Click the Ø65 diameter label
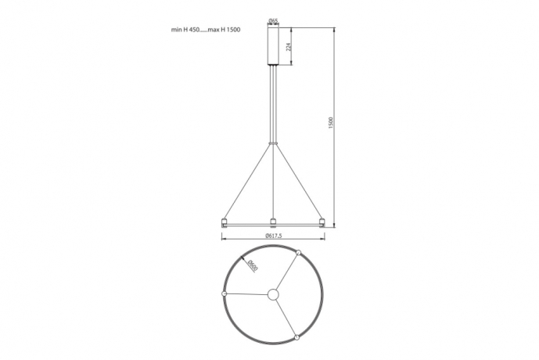[273, 21]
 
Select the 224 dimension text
[289, 46]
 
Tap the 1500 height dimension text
[331, 123]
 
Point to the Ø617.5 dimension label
[274, 236]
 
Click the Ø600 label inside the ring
[253, 265]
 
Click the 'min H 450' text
[185, 30]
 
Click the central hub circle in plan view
[273, 295]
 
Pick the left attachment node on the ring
[224, 293]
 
